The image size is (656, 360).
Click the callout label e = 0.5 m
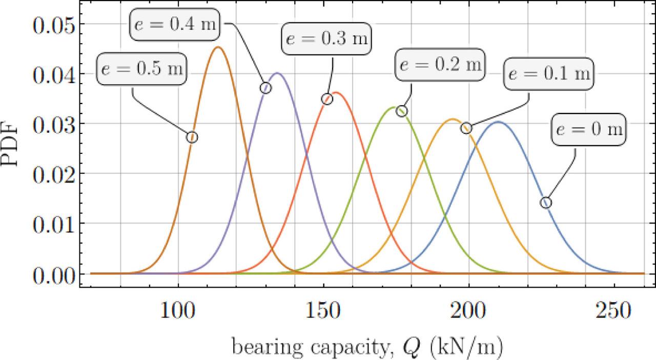point(142,69)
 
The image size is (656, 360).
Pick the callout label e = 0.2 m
point(440,65)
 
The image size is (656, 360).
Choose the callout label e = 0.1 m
point(548,74)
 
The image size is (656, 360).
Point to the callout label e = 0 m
point(588,129)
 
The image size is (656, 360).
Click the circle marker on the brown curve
point(192,137)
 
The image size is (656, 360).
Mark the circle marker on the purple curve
point(265,88)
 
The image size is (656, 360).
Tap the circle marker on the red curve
point(327,99)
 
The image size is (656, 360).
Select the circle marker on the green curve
point(402,111)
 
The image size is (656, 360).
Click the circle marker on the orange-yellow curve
point(466,128)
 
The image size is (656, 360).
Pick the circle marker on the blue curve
point(546,203)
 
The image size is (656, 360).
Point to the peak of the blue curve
point(497,122)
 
